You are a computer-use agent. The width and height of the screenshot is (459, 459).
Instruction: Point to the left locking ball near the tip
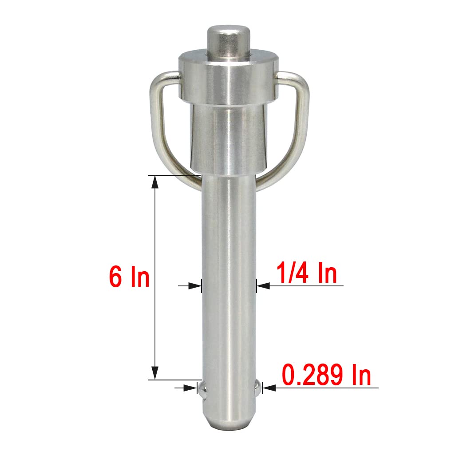click(x=202, y=389)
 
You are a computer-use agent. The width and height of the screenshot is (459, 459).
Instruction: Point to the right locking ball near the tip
click(x=257, y=388)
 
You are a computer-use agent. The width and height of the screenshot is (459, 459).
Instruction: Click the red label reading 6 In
click(x=129, y=277)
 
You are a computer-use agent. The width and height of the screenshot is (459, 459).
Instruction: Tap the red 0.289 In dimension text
click(x=327, y=376)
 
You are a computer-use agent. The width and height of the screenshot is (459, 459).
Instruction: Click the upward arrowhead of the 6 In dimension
click(x=154, y=182)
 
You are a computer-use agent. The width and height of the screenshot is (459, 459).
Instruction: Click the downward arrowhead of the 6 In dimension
click(x=154, y=373)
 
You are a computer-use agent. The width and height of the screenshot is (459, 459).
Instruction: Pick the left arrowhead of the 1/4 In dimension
click(x=195, y=286)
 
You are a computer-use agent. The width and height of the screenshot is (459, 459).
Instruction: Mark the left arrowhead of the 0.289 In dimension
click(x=192, y=388)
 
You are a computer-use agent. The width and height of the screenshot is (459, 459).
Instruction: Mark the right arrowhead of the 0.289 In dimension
click(x=269, y=388)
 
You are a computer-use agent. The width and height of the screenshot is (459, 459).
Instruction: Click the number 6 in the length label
click(x=116, y=277)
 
